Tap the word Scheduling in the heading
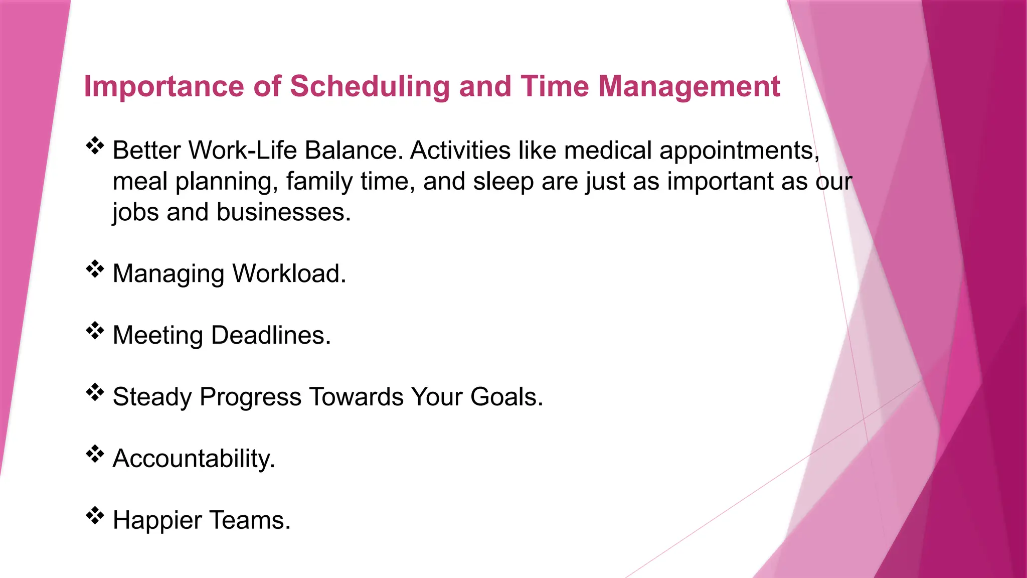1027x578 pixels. click(x=370, y=87)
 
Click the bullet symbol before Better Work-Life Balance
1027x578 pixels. click(x=94, y=146)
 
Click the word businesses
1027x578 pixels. click(x=283, y=212)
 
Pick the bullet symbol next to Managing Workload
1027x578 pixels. click(x=94, y=269)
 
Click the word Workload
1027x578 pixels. click(x=289, y=274)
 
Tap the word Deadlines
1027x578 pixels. click(x=271, y=335)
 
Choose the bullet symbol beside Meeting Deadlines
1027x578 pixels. click(x=94, y=331)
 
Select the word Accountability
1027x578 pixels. click(x=194, y=459)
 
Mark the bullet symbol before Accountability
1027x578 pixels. click(x=94, y=454)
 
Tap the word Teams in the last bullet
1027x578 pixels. click(x=250, y=520)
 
